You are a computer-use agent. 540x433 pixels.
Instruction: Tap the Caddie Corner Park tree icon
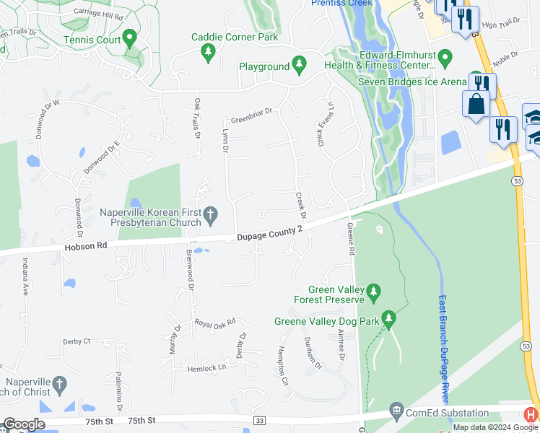(x=208, y=51)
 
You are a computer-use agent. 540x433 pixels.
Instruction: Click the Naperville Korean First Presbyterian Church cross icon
(x=210, y=214)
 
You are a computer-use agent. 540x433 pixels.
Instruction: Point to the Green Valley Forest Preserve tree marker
(x=373, y=292)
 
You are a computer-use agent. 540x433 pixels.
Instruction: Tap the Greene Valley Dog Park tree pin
(x=388, y=318)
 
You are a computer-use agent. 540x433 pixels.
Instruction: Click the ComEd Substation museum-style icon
(x=396, y=411)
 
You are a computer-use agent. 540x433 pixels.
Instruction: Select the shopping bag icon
(x=477, y=104)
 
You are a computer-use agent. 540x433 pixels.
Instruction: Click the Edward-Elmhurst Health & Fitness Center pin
(x=445, y=56)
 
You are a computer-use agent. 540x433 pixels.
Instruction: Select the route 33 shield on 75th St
(x=261, y=420)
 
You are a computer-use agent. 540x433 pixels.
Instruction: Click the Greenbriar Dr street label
(x=251, y=113)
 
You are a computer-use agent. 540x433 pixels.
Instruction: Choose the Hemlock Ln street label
(x=207, y=367)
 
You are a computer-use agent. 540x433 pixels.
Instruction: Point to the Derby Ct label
(x=77, y=341)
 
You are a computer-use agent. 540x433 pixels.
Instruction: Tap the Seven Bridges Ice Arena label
(x=412, y=82)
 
